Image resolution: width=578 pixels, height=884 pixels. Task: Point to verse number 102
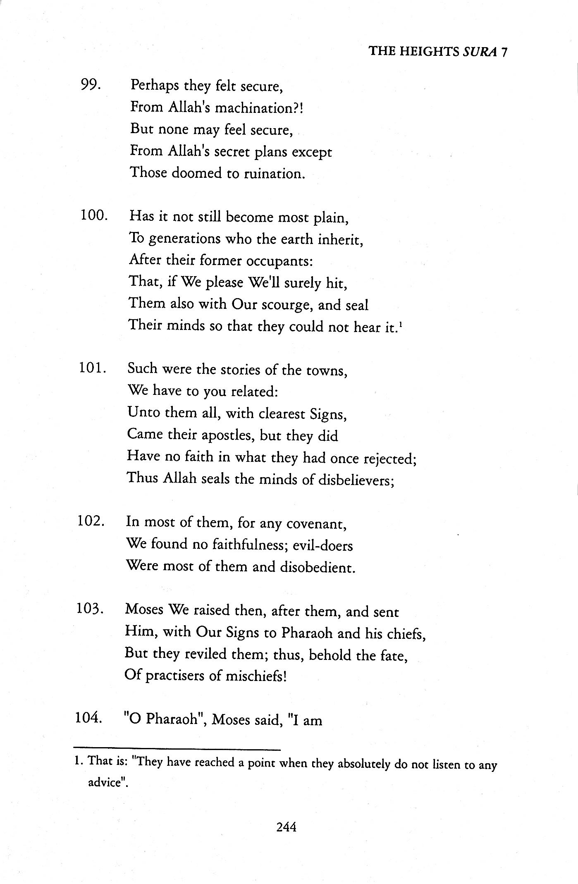tap(90, 521)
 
